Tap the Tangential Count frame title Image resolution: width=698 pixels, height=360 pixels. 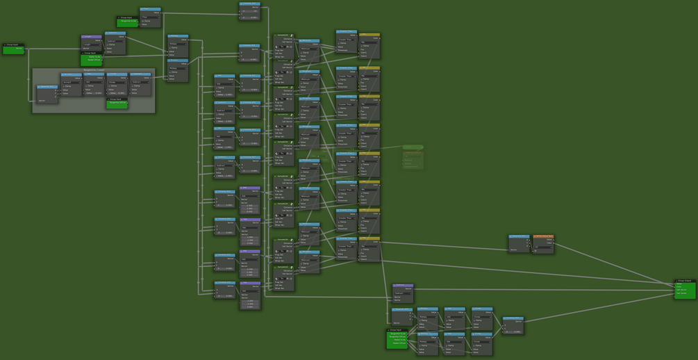point(94,70)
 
